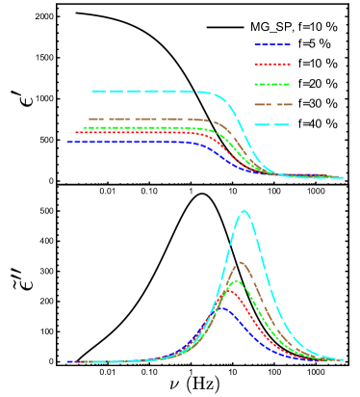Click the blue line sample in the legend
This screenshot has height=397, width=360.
pos(272,44)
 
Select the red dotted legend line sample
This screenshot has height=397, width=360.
pos(272,65)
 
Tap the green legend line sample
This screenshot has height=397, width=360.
pos(272,85)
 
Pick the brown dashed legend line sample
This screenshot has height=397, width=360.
pos(272,104)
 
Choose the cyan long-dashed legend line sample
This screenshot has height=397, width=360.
pos(272,124)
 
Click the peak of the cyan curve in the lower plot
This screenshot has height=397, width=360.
pos(244,210)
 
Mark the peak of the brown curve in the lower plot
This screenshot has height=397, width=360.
pos(242,262)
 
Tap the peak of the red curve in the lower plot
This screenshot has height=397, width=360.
pos(231,291)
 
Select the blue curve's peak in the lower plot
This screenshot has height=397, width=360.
pos(225,307)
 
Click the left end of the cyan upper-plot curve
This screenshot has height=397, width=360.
pos(92,92)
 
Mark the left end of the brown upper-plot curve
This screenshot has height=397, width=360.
pos(89,119)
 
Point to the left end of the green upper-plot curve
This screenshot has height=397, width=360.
pos(85,127)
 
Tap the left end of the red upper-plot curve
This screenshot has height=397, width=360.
pos(76,133)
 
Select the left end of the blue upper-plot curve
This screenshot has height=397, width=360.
pos(67,142)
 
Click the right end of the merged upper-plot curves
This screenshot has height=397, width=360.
pos(343,177)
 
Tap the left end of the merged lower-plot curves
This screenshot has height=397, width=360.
pos(67,362)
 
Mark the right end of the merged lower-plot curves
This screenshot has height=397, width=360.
pos(343,359)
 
